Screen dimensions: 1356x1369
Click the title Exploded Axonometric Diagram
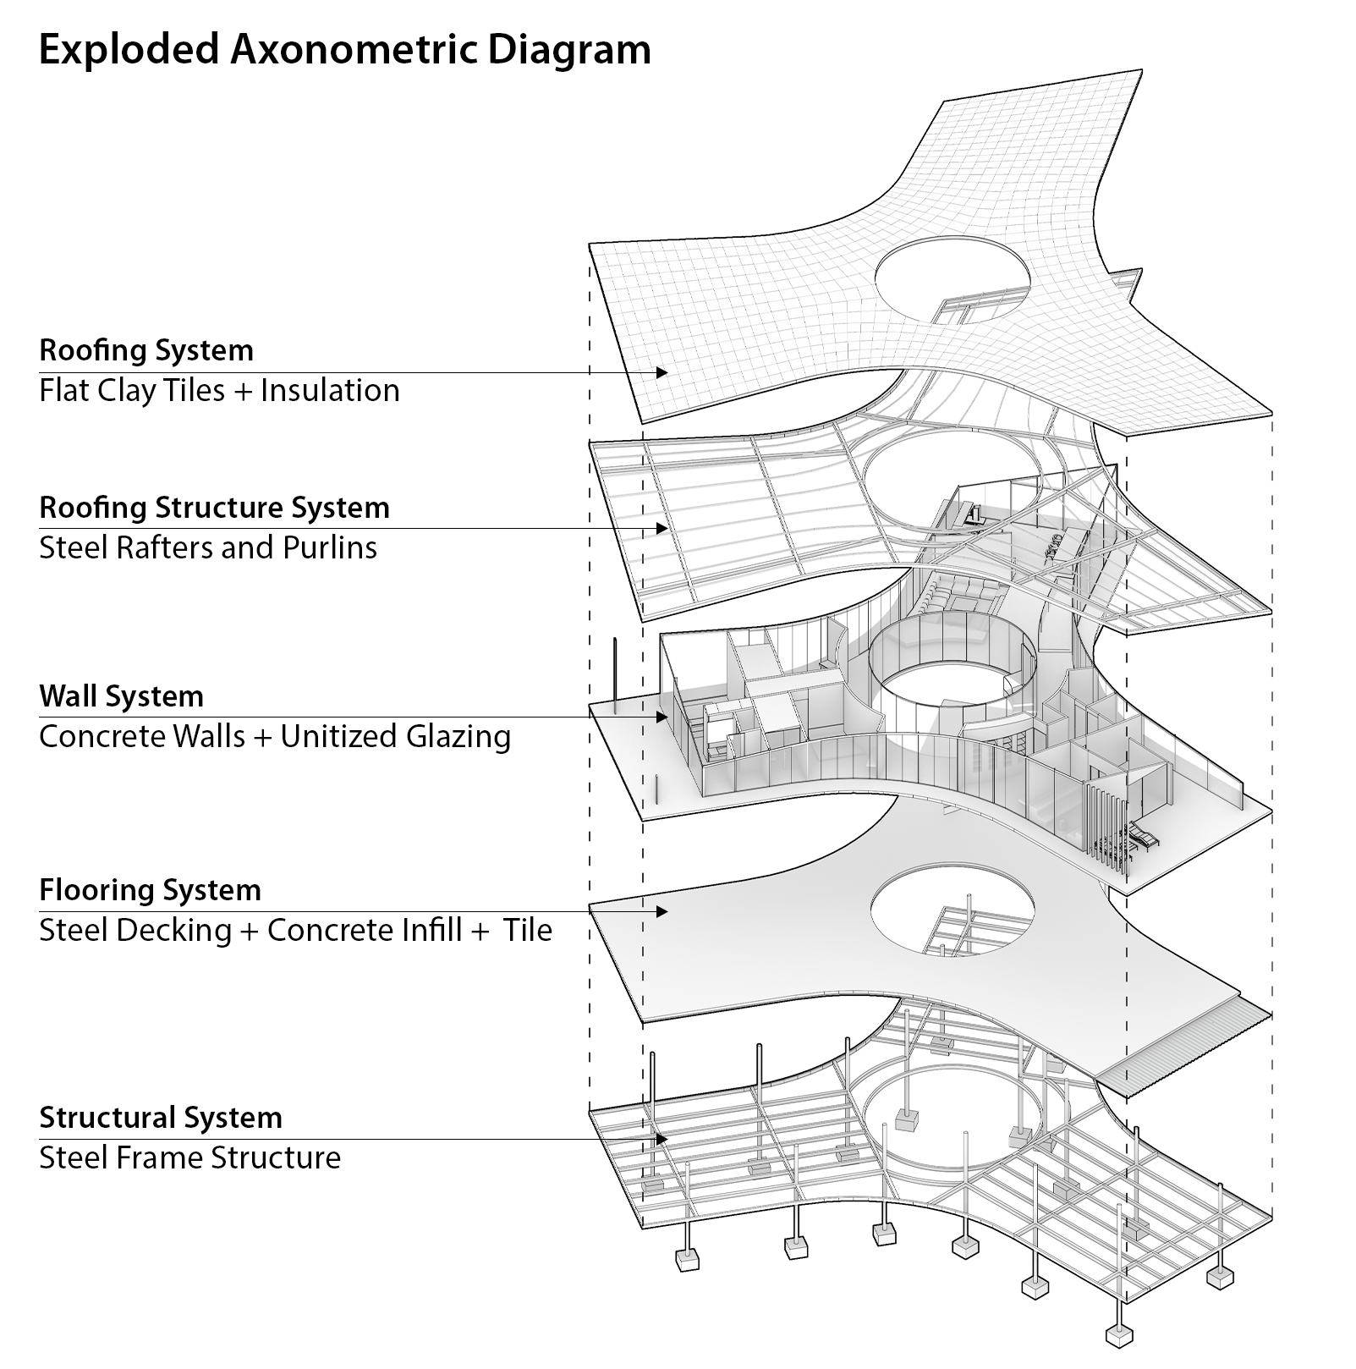click(x=345, y=51)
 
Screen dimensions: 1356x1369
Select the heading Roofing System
click(x=146, y=350)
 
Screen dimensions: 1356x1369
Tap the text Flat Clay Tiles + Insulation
click(x=219, y=391)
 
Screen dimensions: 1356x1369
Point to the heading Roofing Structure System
click(x=214, y=508)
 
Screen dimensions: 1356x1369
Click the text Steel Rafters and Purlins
click(x=208, y=547)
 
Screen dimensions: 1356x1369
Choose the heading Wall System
click(x=121, y=696)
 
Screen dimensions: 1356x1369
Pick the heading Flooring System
click(x=150, y=890)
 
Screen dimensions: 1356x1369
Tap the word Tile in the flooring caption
click(x=528, y=930)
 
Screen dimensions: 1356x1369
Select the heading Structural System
click(x=160, y=1118)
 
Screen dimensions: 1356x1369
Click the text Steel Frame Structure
click(x=189, y=1157)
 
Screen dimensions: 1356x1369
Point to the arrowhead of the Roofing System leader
click(x=662, y=372)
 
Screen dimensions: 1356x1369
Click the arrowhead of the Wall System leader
click(x=662, y=717)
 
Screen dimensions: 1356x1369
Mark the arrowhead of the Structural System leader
click(x=662, y=1139)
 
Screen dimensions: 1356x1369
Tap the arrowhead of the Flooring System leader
click(x=662, y=911)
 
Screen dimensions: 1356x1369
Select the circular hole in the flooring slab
click(x=952, y=910)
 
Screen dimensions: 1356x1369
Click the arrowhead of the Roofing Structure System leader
click(x=662, y=528)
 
